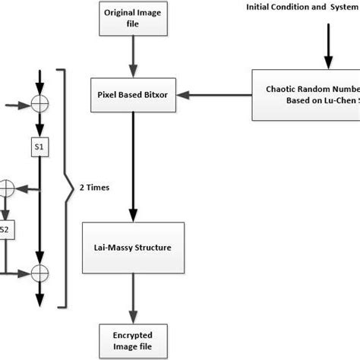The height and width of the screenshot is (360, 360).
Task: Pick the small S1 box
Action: [x=39, y=145]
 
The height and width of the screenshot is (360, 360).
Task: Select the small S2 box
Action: [x=5, y=228]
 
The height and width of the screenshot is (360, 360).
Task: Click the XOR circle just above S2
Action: [x=6, y=185]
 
